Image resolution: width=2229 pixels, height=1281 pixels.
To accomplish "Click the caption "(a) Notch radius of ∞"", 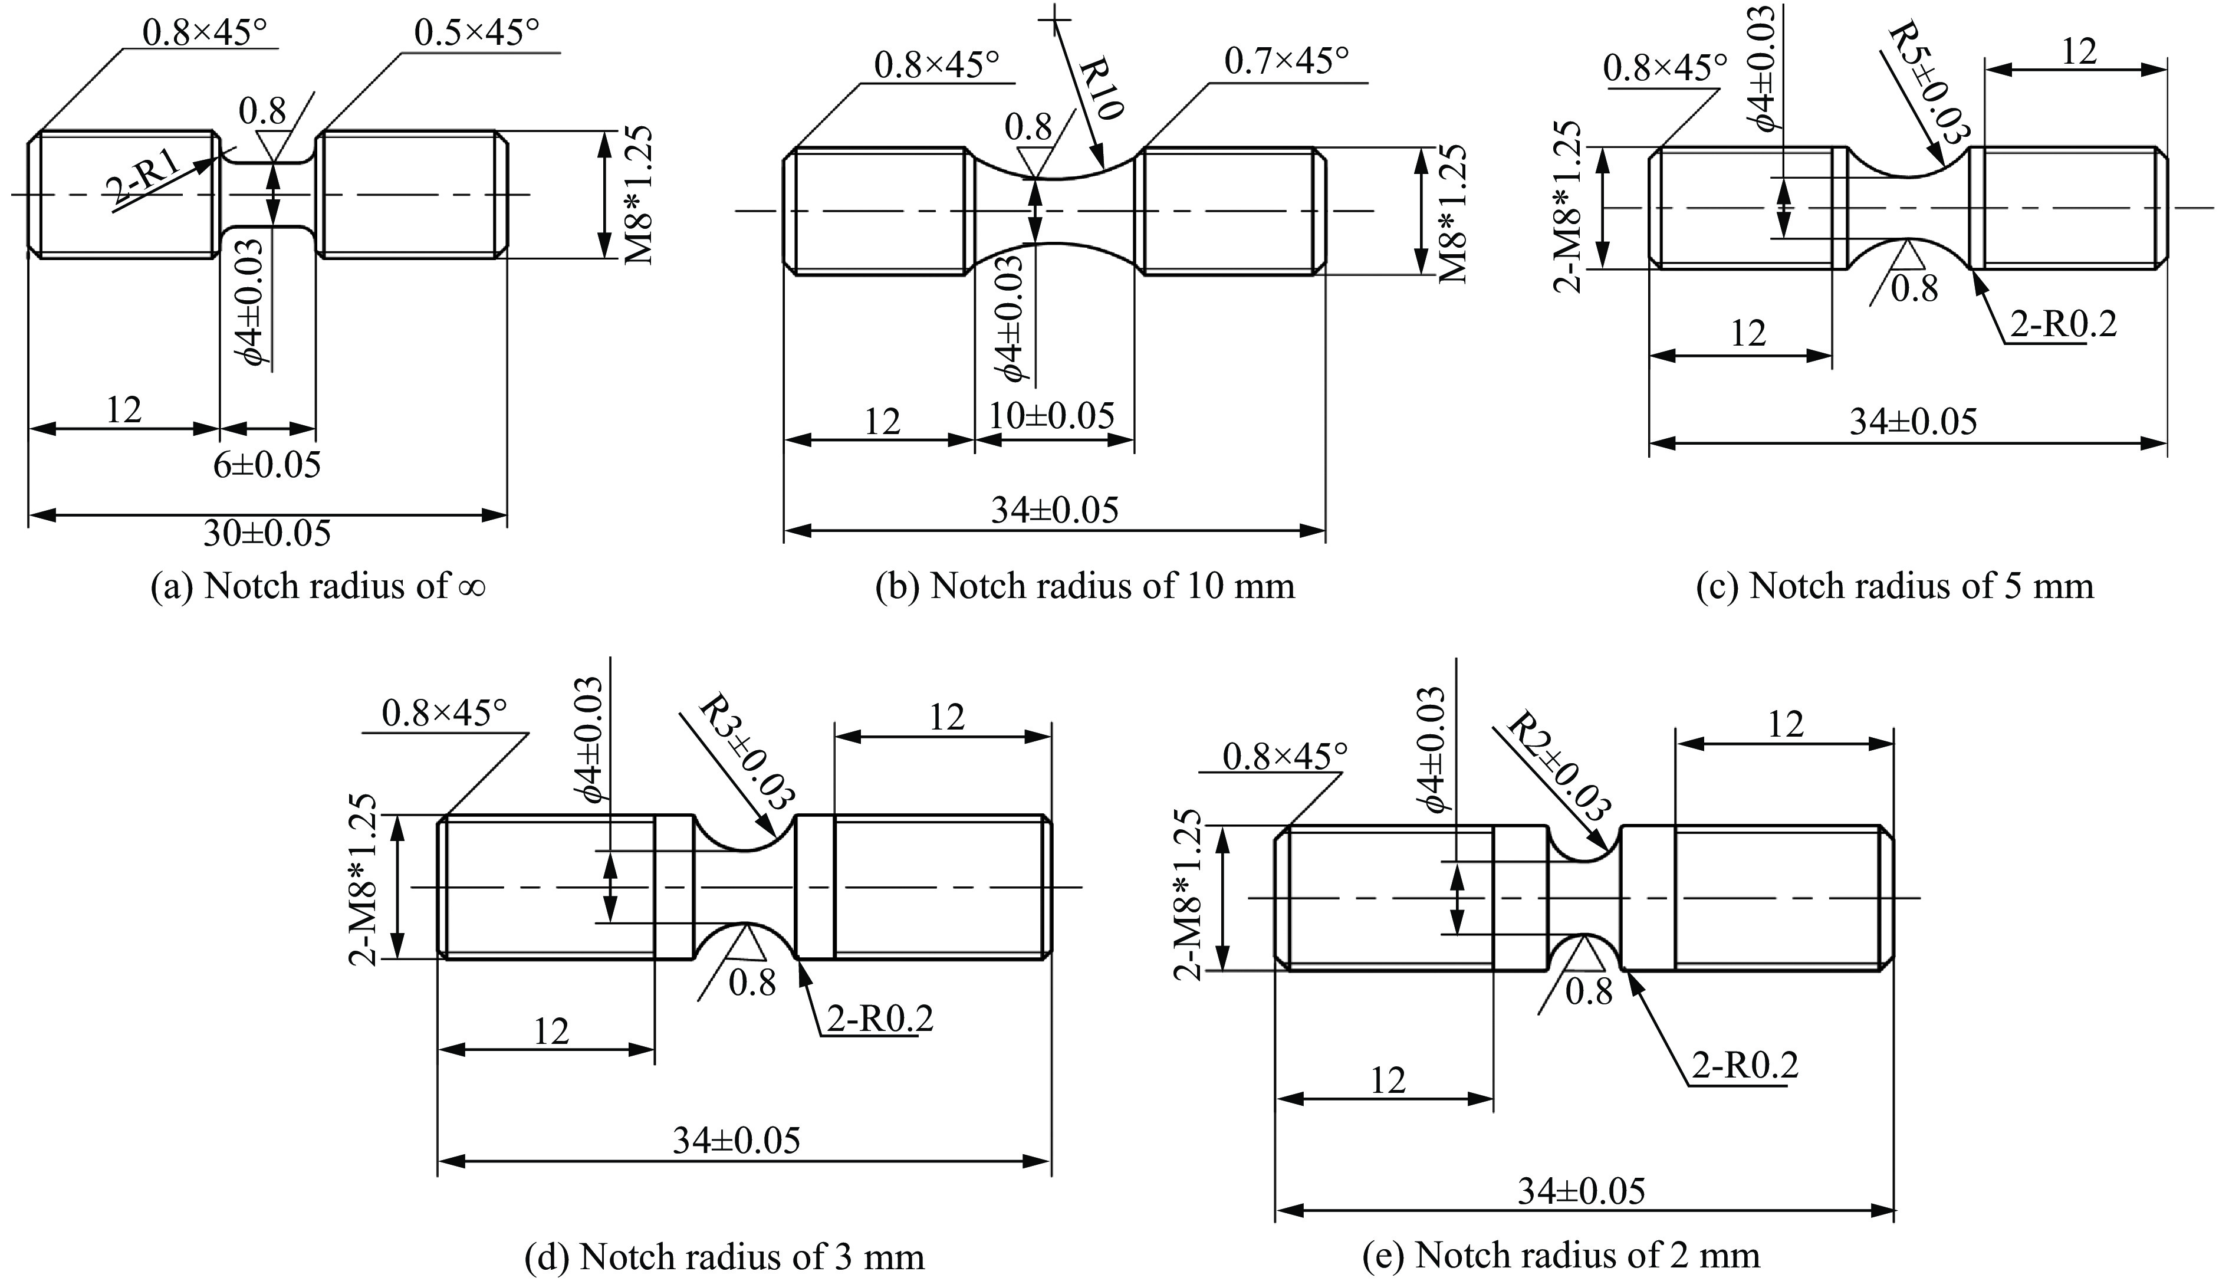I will click(318, 586).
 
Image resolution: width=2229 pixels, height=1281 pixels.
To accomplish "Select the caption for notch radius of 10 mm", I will click(1084, 586).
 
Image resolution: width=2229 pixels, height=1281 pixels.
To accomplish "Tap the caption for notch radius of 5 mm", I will click(1895, 586).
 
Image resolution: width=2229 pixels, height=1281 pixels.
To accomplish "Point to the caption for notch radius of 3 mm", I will click(724, 1256).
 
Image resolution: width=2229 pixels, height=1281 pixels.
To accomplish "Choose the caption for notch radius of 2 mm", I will click(1561, 1256).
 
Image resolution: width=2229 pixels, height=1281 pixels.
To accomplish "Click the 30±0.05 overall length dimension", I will click(267, 533).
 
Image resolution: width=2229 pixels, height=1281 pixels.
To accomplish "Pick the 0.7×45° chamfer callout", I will click(1286, 61).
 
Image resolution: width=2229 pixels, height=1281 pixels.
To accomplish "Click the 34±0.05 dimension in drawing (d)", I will click(737, 1141).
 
